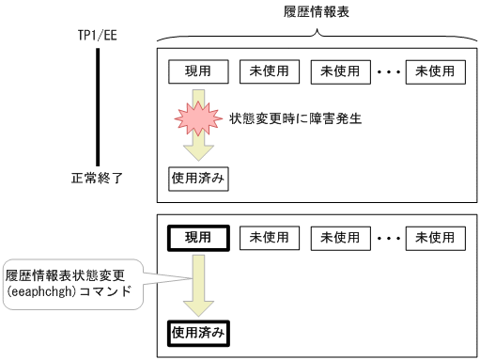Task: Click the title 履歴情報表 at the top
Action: pyautogui.click(x=317, y=12)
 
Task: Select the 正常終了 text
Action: pyautogui.click(x=98, y=176)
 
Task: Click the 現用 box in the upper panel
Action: pyautogui.click(x=197, y=71)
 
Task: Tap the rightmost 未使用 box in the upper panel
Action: pyautogui.click(x=435, y=71)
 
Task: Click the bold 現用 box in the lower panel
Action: pyautogui.click(x=197, y=237)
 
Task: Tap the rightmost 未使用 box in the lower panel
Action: pyautogui.click(x=435, y=237)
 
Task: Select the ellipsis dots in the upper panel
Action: pyautogui.click(x=388, y=71)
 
